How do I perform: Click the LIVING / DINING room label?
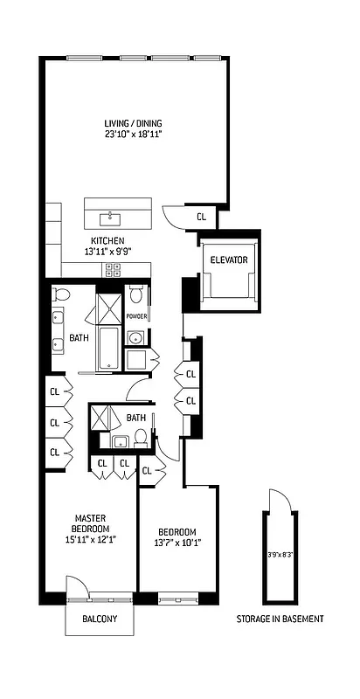coord(133,123)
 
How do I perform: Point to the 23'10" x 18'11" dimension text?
coord(133,135)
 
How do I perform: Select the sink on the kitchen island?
coord(111,214)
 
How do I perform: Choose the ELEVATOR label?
coord(228,260)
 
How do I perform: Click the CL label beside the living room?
coord(201,217)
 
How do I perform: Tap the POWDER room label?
coord(135,316)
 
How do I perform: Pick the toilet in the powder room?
coord(135,294)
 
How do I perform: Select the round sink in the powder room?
coord(136,338)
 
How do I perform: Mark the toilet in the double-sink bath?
coord(60,294)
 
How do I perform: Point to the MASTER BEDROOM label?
coord(90,523)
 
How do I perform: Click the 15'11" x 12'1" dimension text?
coord(90,539)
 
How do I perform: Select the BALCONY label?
coord(98,618)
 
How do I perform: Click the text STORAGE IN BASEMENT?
coord(280,619)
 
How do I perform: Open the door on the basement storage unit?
coord(279,502)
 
